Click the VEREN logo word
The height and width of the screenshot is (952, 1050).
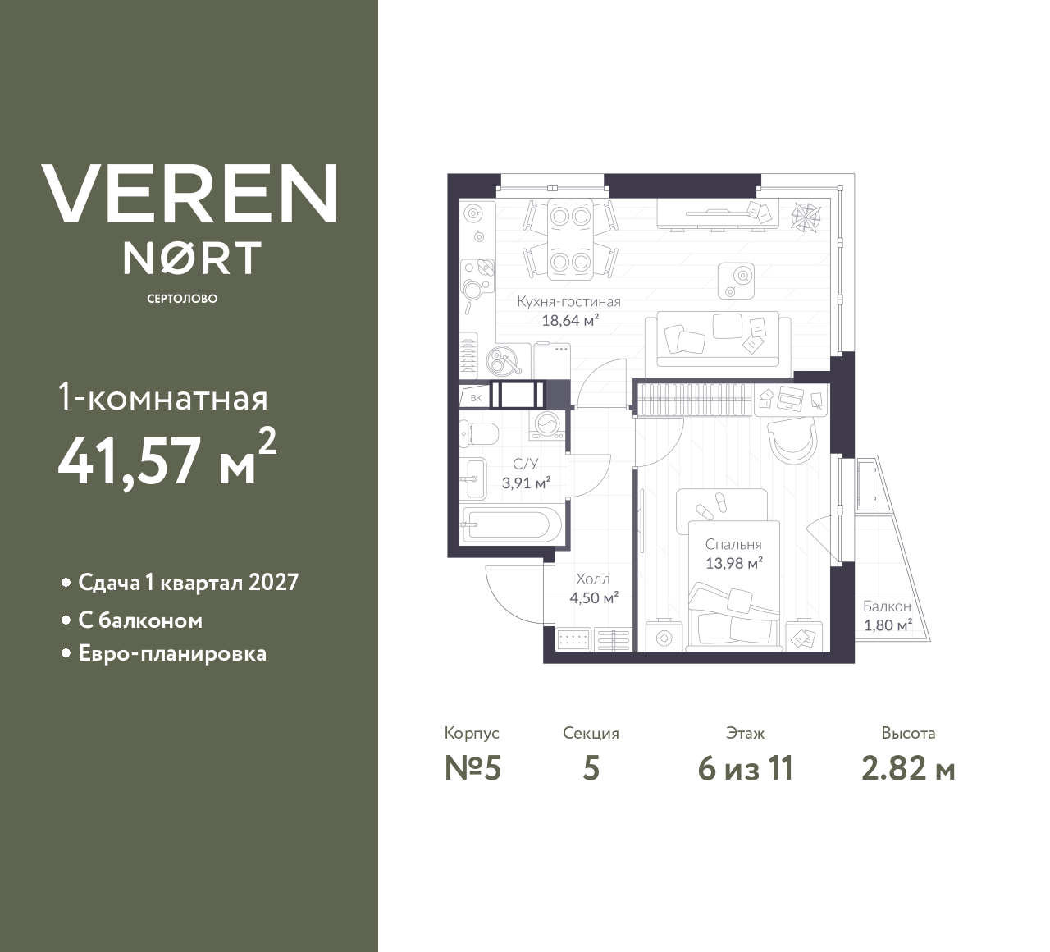point(189,194)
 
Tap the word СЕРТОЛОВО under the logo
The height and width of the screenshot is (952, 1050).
point(182,299)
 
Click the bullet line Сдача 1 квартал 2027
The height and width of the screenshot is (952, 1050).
point(188,583)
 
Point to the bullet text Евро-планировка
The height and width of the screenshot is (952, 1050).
point(172,654)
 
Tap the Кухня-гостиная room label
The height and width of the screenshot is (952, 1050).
point(568,301)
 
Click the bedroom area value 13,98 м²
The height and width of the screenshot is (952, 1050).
point(734,563)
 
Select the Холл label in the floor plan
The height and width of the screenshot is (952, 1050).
point(593,579)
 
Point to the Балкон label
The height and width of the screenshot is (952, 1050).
point(887,606)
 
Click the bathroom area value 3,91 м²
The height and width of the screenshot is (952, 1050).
point(526,483)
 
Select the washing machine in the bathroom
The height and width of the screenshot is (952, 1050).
point(547,423)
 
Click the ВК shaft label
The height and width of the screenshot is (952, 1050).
point(476,398)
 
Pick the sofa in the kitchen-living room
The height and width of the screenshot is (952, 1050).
point(718,338)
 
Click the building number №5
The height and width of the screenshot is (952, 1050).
point(472,768)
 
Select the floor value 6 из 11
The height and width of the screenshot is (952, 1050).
point(745,768)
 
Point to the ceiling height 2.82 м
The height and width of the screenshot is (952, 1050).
point(908,768)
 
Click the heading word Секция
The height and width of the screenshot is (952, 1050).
point(591,733)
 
